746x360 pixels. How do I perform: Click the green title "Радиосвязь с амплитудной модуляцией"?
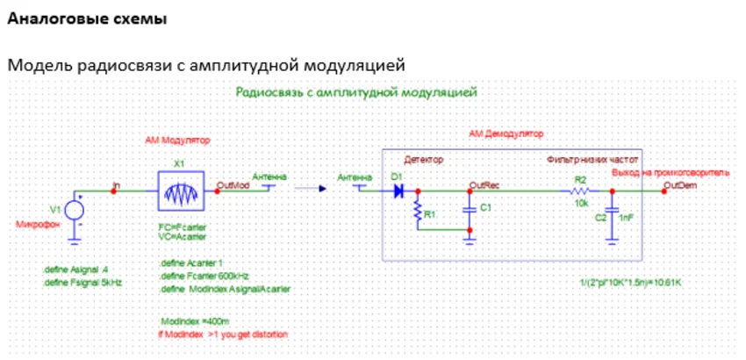(x=356, y=91)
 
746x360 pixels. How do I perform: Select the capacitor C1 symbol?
(x=470, y=209)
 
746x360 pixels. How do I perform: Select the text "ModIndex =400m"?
(x=189, y=320)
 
